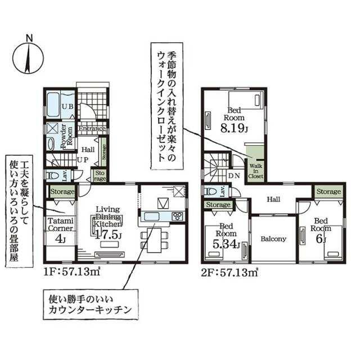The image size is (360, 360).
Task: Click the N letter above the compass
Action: pyautogui.click(x=29, y=38)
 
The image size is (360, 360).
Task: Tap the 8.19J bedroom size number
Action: pyautogui.click(x=234, y=128)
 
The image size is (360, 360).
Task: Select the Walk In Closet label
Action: pyautogui.click(x=255, y=171)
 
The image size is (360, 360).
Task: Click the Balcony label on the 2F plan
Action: pyautogui.click(x=273, y=239)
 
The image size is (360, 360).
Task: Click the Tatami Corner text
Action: pyautogui.click(x=60, y=225)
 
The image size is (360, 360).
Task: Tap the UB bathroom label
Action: pyautogui.click(x=68, y=106)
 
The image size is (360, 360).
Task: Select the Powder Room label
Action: pyautogui.click(x=66, y=137)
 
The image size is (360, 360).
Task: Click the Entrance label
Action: pyautogui.click(x=92, y=128)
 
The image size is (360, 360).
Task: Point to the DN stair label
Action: pyautogui.click(x=234, y=176)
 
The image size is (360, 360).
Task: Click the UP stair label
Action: pyautogui.click(x=83, y=160)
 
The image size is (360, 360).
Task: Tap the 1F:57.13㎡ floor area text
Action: pyautogui.click(x=71, y=272)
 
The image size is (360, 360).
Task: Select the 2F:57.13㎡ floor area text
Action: pyautogui.click(x=229, y=272)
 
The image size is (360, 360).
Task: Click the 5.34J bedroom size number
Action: pyautogui.click(x=226, y=244)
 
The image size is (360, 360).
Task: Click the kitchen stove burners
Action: pyautogui.click(x=177, y=216)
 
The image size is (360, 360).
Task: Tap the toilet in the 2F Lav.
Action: pyautogui.click(x=210, y=191)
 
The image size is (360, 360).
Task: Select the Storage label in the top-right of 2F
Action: pyautogui.click(x=328, y=191)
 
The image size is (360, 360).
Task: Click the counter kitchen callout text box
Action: pyautogui.click(x=91, y=304)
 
